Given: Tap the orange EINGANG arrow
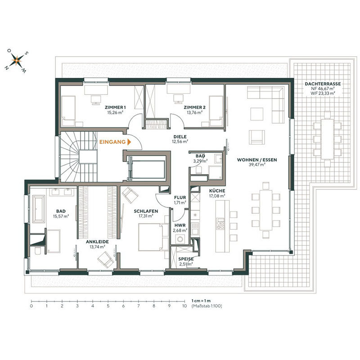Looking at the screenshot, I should click(129, 141).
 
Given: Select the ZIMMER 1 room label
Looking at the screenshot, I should click(115, 107).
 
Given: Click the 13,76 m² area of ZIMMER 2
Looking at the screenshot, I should click(194, 112).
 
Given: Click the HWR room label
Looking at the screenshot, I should click(180, 225).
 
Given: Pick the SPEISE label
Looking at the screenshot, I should click(185, 259).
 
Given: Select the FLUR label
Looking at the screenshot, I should click(180, 197).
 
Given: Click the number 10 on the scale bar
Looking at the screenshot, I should click(184, 306).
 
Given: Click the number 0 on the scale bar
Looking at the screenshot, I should click(31, 306).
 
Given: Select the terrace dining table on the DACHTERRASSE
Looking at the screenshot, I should click(327, 138).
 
